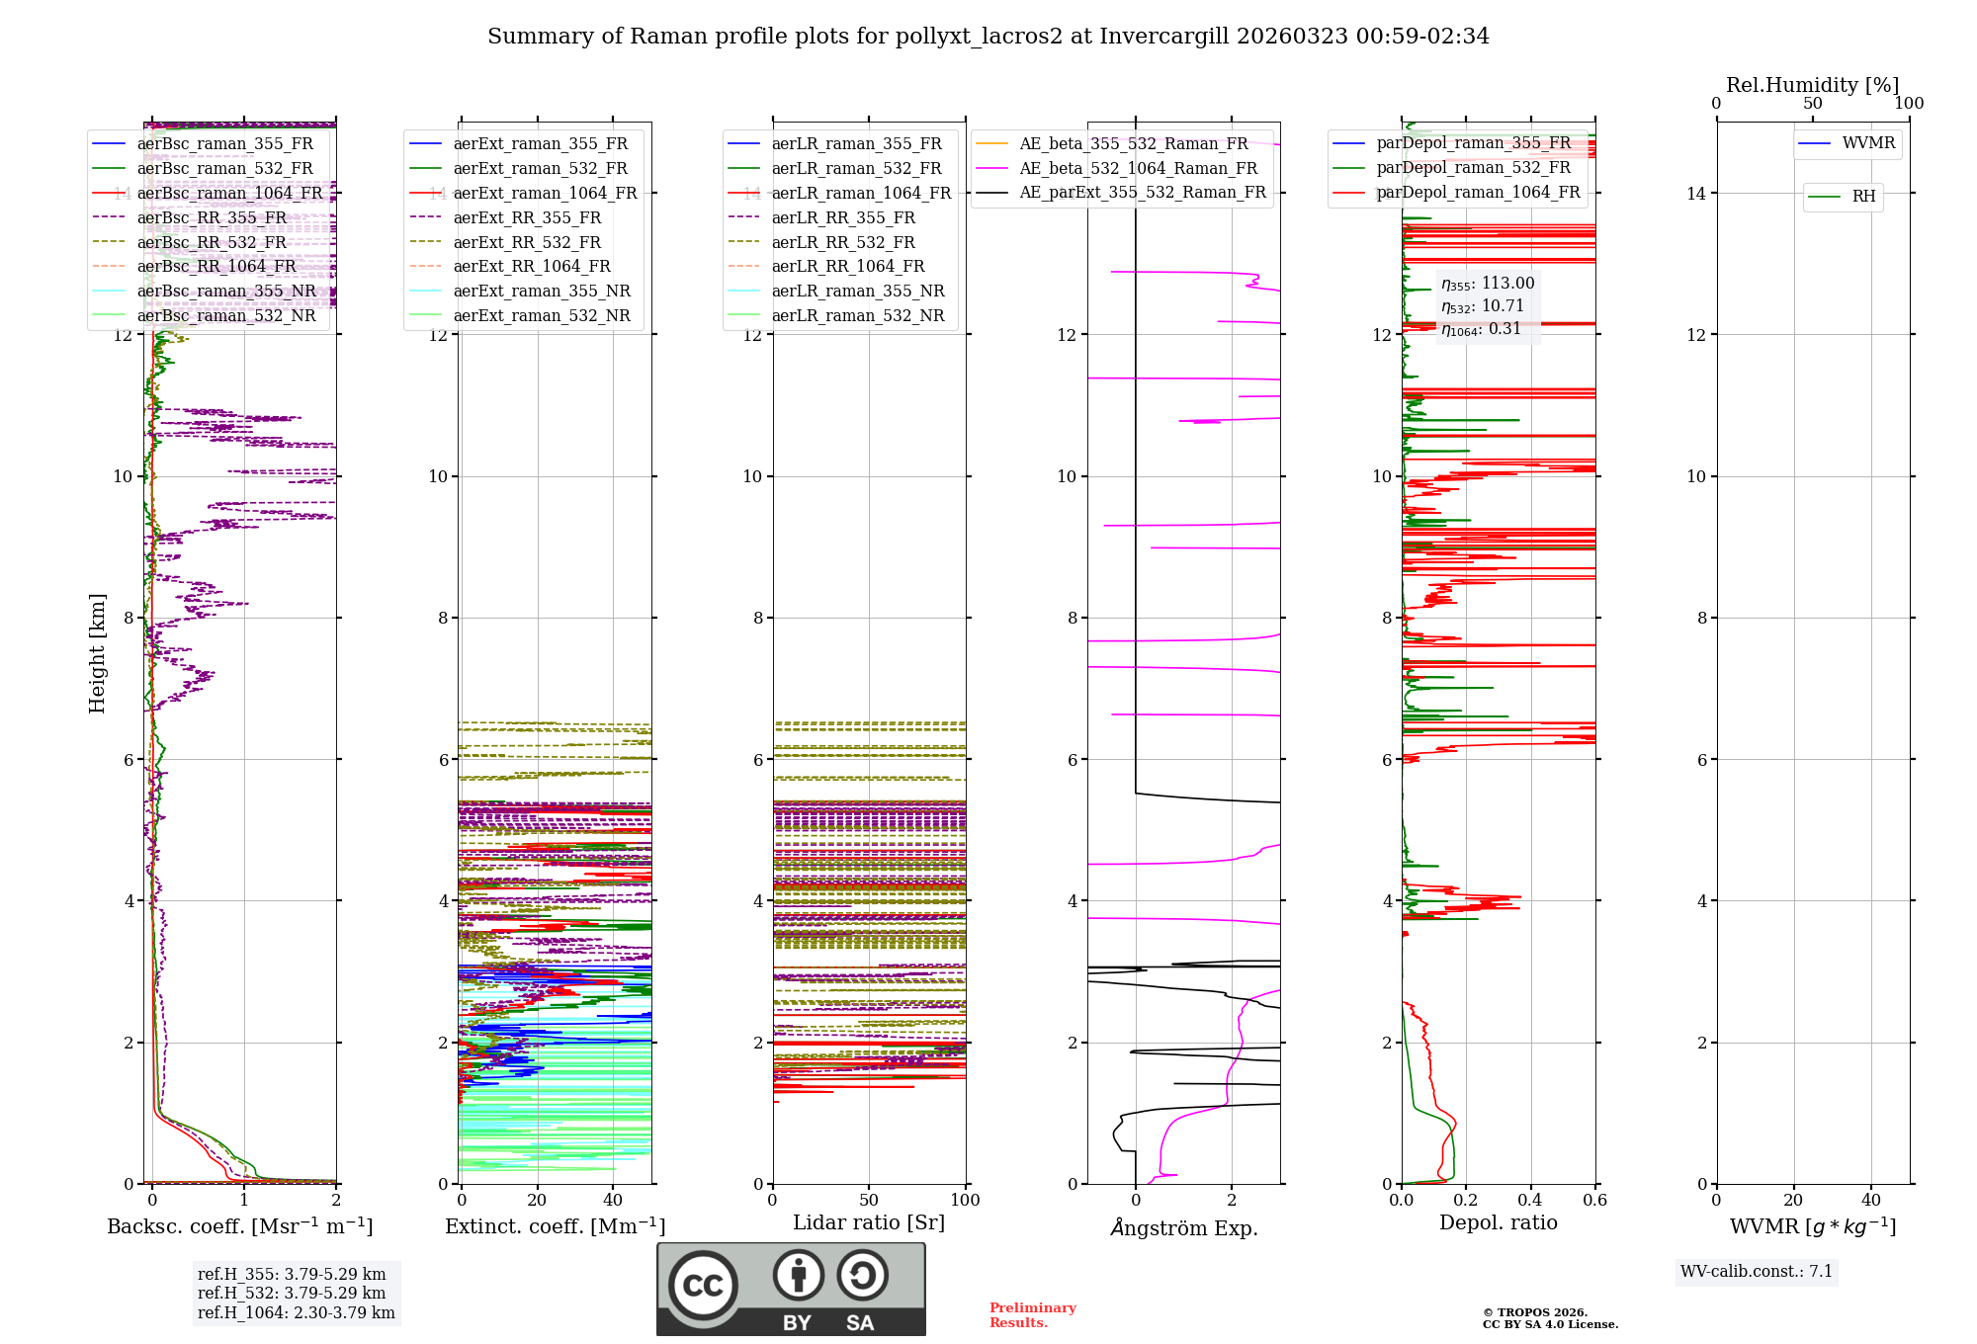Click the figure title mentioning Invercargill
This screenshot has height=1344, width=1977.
[988, 37]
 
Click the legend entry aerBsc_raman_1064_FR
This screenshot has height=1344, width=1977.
[229, 193]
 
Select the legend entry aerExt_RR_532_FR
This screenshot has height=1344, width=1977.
[527, 242]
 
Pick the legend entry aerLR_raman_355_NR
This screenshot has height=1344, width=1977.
[858, 291]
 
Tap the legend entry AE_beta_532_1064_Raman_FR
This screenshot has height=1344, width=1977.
[1138, 168]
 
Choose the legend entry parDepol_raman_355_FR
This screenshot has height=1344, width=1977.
[1473, 143]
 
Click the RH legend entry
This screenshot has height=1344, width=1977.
[1863, 197]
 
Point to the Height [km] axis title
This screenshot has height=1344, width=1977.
[97, 652]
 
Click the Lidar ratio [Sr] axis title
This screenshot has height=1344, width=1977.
[869, 1222]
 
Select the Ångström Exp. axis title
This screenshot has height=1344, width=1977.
[1184, 1228]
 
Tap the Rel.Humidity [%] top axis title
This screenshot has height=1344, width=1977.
[1812, 85]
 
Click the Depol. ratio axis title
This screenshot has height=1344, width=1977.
[1498, 1222]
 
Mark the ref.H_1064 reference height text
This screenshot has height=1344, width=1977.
[296, 1312]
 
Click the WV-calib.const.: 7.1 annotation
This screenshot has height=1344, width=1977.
[1757, 1271]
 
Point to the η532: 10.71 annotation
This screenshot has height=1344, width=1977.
[1483, 306]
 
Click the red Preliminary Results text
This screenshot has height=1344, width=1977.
[1032, 1314]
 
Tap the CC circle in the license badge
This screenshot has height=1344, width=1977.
[703, 1285]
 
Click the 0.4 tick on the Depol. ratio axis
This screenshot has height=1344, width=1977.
[1530, 1200]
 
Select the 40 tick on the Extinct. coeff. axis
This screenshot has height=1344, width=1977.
[613, 1200]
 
